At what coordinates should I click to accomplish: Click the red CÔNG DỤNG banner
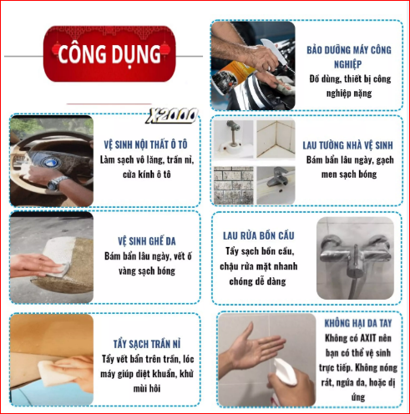pyautogui.click(x=109, y=55)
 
